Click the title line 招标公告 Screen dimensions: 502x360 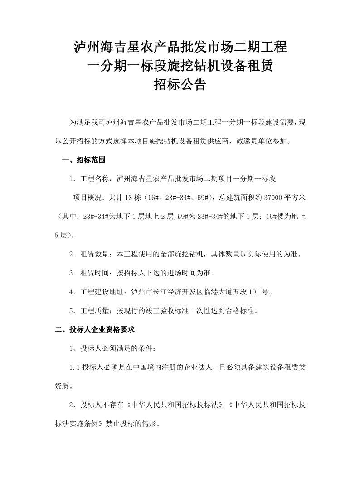coord(180,85)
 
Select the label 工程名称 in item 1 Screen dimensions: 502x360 coord(95,179)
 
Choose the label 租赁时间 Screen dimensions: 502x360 coord(95,273)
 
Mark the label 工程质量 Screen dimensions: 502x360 coord(95,311)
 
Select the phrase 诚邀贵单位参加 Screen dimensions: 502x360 coord(263,140)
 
